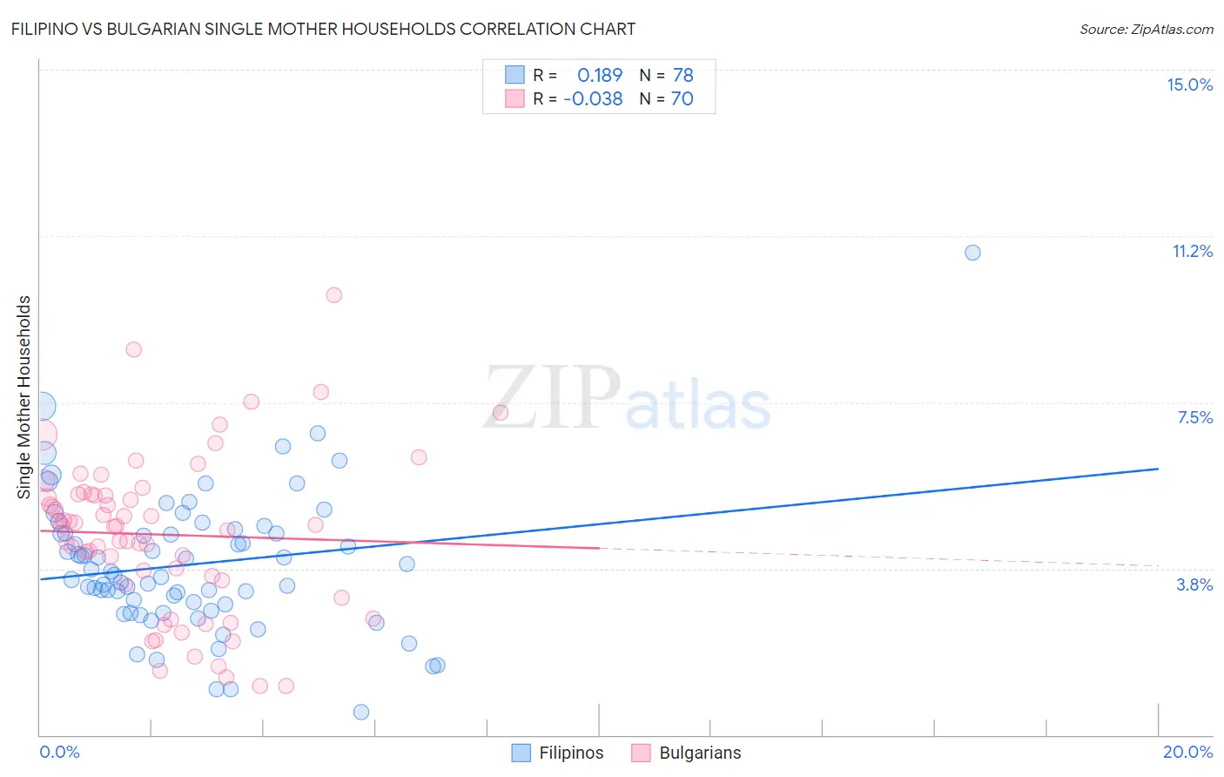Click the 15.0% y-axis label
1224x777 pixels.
click(x=1189, y=84)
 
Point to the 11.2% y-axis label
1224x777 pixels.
click(x=1192, y=251)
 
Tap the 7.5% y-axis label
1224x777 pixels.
click(x=1194, y=417)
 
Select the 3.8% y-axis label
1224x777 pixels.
click(x=1194, y=584)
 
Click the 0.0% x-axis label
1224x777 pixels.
click(x=59, y=752)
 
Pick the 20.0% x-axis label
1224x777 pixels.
click(x=1187, y=752)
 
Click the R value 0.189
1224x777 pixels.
click(x=600, y=76)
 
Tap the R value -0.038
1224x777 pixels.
click(x=593, y=99)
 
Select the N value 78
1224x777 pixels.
click(x=683, y=76)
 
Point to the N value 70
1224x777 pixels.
click(x=682, y=99)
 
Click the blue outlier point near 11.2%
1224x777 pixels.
click(x=972, y=253)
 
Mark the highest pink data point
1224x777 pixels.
click(x=333, y=295)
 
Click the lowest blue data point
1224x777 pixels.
click(x=361, y=712)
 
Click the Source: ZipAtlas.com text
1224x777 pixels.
click(x=1146, y=30)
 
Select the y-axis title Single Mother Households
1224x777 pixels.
click(x=24, y=397)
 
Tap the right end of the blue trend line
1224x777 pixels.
click(x=1158, y=469)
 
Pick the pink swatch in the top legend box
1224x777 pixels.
click(x=514, y=98)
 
